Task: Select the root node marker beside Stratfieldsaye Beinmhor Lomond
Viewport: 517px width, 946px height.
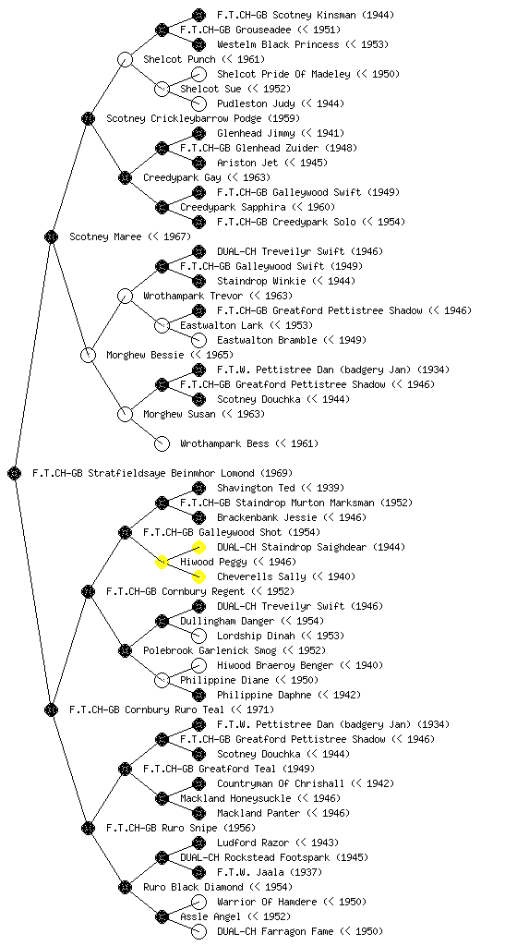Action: (x=15, y=473)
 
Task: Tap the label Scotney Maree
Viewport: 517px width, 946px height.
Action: (x=105, y=236)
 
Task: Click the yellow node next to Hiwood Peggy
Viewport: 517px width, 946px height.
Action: (x=162, y=562)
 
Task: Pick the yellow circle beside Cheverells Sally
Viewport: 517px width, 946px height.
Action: (x=198, y=576)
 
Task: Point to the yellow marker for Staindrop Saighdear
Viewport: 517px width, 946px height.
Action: (x=198, y=547)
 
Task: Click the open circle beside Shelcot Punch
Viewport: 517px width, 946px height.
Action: (x=125, y=59)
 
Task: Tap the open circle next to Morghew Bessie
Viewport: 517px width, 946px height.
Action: (x=88, y=355)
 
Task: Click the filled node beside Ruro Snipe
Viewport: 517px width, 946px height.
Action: (x=88, y=828)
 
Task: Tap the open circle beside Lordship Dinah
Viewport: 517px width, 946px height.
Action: (x=198, y=636)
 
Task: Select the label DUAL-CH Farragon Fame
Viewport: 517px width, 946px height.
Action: (x=275, y=931)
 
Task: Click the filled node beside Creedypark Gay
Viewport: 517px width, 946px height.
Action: (x=125, y=177)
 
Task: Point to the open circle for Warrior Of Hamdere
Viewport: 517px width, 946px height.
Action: (x=198, y=902)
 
